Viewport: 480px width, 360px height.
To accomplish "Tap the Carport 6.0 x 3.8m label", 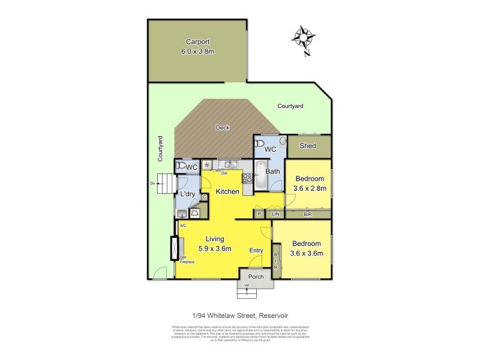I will point(197,46).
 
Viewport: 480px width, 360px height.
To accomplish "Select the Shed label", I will point(308,146).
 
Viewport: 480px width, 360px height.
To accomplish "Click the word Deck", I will point(223,127).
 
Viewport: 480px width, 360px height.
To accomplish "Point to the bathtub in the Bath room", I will point(259,175).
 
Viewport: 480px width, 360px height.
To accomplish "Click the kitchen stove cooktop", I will point(247,177).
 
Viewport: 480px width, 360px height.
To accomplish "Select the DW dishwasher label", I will point(224,173).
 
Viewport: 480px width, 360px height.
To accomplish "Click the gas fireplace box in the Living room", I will point(175,247).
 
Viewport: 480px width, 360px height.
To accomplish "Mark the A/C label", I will point(182,226).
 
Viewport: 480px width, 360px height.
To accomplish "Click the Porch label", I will point(256,277).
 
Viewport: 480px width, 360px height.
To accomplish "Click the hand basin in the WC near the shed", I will point(276,142).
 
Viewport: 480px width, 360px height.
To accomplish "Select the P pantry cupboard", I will point(260,214).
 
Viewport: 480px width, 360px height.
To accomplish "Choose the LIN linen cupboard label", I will point(276,214).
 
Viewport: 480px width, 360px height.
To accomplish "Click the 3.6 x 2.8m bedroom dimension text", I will point(310,188).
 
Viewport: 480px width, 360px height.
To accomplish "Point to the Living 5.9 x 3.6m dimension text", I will point(215,248).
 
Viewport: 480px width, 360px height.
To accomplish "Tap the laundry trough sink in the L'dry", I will point(182,212).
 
